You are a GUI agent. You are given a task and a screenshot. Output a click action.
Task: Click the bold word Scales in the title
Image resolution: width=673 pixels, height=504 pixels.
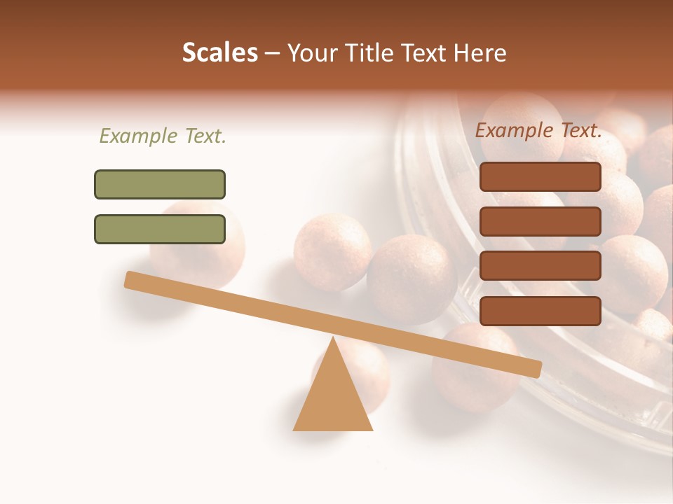(x=220, y=53)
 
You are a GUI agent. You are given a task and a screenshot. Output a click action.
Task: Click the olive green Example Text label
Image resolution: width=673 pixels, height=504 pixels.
(x=163, y=136)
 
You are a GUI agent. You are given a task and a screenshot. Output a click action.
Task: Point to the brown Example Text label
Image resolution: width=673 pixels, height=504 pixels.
(x=539, y=130)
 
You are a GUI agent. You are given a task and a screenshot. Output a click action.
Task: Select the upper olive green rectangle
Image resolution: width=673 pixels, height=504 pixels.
(x=160, y=185)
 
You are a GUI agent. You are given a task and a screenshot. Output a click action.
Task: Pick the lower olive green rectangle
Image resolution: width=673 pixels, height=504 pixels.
(x=160, y=230)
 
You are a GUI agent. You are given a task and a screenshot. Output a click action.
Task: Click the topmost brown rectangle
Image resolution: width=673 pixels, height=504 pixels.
(x=541, y=177)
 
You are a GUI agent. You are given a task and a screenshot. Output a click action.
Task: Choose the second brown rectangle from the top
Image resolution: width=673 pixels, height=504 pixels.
(x=541, y=221)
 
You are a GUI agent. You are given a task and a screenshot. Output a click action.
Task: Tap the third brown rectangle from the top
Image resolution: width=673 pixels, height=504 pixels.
(x=541, y=266)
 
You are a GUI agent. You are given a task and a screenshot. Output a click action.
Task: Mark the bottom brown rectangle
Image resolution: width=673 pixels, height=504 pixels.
(x=541, y=311)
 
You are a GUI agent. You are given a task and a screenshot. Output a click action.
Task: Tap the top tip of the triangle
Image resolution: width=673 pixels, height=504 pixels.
(x=333, y=339)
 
